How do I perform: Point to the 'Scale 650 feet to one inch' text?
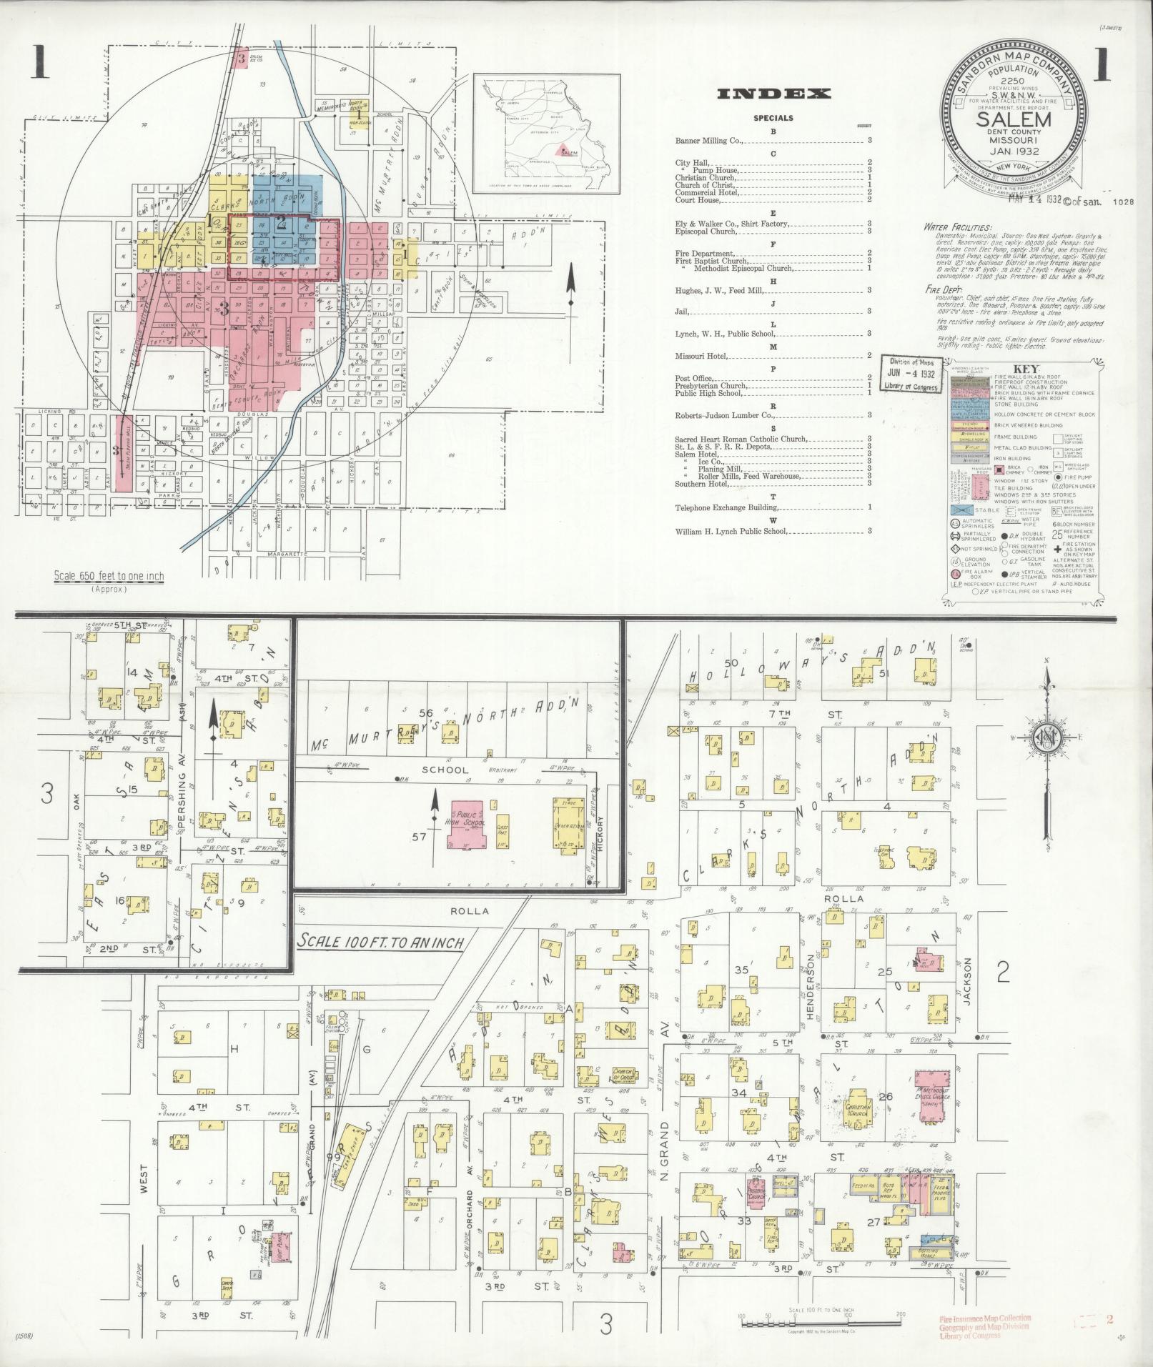pos(109,577)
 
